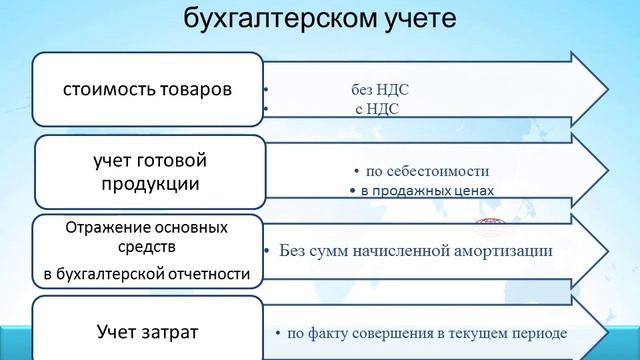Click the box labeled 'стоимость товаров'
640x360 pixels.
pos(148,89)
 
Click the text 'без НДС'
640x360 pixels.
pos(380,90)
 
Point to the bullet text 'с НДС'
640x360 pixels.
pos(377,109)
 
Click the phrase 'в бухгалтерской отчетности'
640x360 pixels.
pos(148,272)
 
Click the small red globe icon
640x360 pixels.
pos(489,226)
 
